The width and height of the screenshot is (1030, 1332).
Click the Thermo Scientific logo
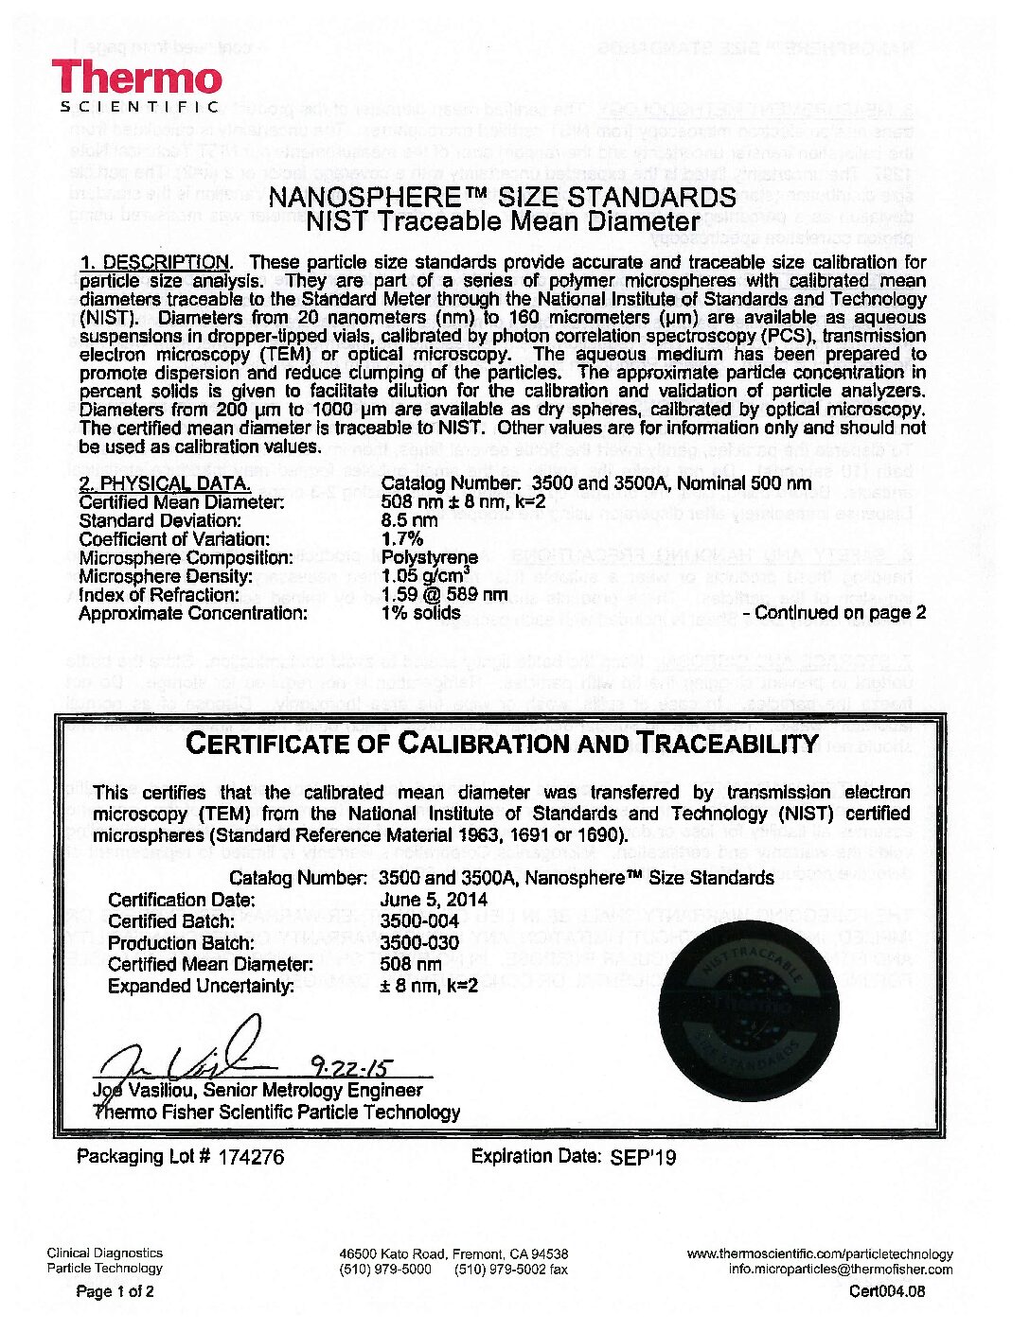tap(137, 85)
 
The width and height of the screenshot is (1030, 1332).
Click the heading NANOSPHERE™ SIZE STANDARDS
tap(503, 198)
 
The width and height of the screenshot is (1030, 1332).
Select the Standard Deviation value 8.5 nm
tap(409, 520)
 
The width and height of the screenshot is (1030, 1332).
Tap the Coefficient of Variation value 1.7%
tap(401, 539)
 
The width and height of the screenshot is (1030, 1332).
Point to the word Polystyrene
tap(429, 557)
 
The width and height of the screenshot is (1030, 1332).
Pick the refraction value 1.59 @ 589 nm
tap(443, 595)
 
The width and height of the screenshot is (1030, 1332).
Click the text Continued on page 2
tap(840, 613)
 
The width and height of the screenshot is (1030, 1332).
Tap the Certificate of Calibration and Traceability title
tap(503, 744)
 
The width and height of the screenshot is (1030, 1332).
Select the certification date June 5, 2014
tap(434, 900)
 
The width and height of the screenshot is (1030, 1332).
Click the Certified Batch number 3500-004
tap(419, 921)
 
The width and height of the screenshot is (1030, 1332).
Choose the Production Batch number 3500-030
tap(419, 943)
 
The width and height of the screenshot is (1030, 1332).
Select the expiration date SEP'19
tap(644, 1157)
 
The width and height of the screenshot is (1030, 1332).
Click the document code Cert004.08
tap(887, 1291)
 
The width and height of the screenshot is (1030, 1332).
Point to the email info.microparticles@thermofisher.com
tap(841, 1270)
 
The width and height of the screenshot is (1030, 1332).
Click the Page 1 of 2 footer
tap(115, 1291)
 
